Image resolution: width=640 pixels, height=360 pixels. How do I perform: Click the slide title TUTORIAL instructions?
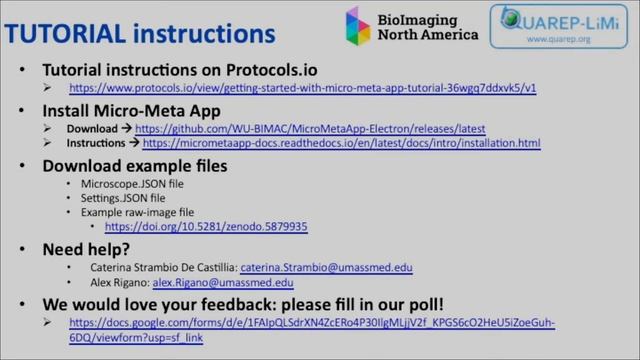[x=140, y=33]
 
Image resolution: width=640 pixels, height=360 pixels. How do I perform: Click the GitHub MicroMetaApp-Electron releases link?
[x=310, y=129]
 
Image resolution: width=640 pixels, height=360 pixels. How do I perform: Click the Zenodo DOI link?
[x=206, y=227]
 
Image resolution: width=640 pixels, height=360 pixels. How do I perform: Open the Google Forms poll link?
[x=311, y=323]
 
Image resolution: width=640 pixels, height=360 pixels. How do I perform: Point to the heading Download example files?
[x=134, y=166]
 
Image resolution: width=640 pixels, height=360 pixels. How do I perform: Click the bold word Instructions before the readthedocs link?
[x=96, y=144]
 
